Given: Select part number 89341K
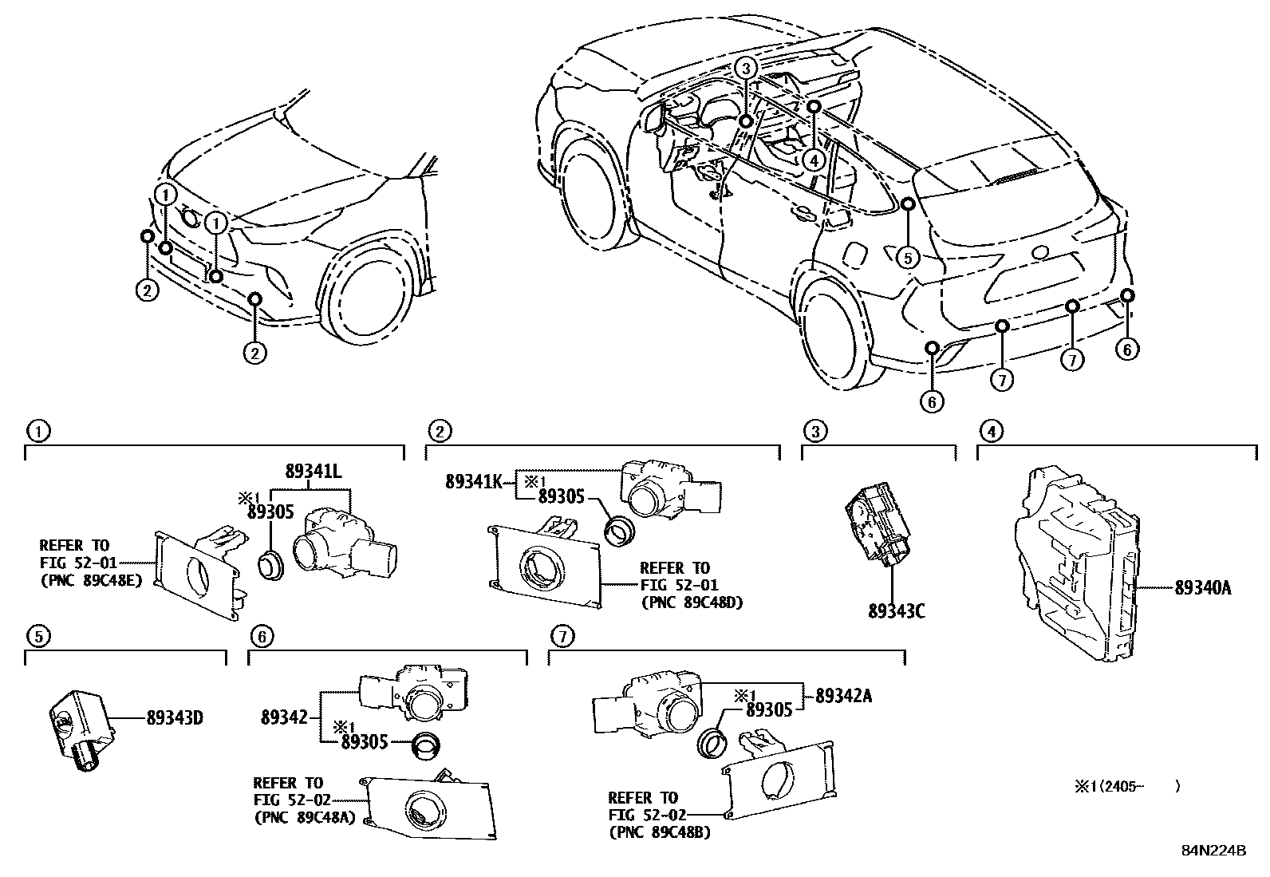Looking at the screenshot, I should [x=473, y=481].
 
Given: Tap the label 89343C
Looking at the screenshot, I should [x=897, y=611].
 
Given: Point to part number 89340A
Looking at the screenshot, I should [x=1202, y=589].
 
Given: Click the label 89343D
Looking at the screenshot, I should [x=174, y=717].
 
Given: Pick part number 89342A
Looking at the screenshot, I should [x=842, y=696].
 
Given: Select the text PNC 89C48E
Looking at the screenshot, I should [x=90, y=581].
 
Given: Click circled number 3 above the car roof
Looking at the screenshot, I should [x=745, y=69].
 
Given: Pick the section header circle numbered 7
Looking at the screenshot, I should [x=562, y=636].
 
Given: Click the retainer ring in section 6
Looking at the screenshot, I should [x=424, y=742].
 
